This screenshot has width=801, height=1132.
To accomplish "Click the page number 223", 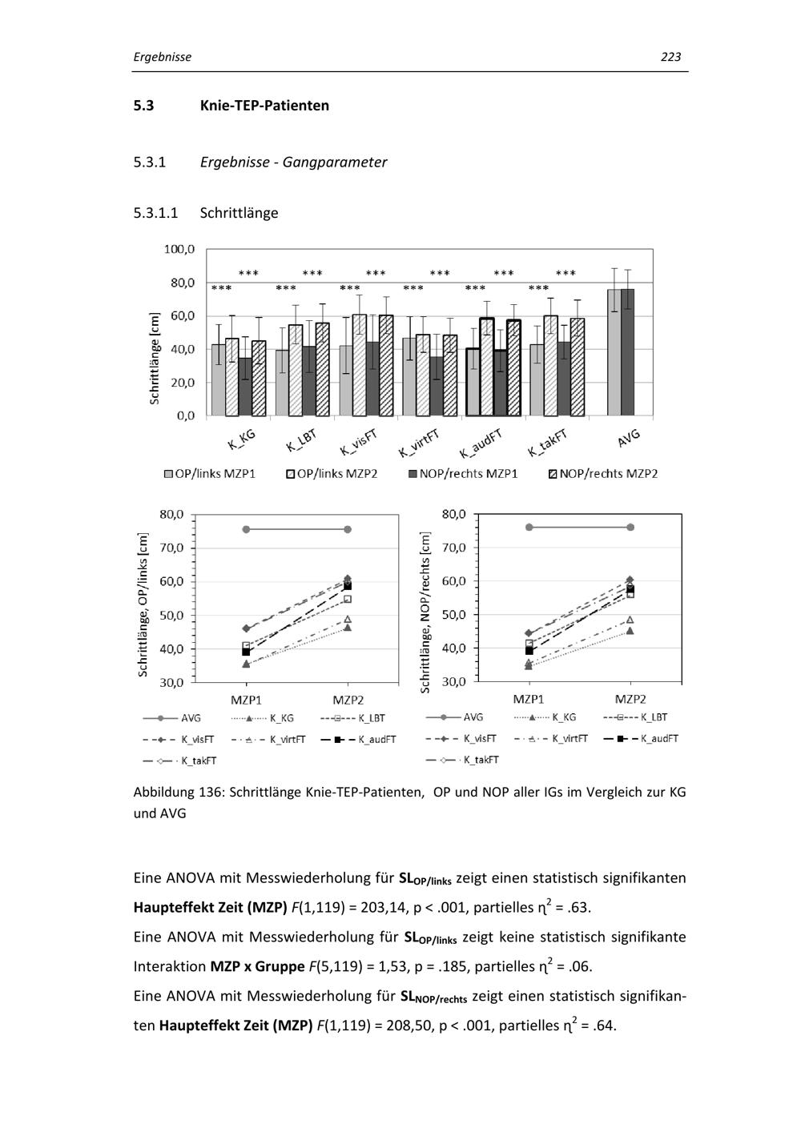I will click(x=670, y=57).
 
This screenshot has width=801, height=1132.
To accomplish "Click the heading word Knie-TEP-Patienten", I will click(x=264, y=106).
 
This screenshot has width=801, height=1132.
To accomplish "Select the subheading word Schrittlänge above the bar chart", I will click(x=239, y=213).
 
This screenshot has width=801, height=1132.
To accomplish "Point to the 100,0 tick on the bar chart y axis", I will click(x=179, y=249).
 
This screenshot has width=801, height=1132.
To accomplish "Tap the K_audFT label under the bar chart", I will click(x=481, y=442).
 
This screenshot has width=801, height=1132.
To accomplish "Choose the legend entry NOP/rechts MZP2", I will click(x=608, y=474).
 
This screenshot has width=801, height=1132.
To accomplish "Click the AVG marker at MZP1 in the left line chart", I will click(x=246, y=529).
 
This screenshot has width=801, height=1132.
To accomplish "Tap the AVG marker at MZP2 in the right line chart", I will click(x=630, y=527).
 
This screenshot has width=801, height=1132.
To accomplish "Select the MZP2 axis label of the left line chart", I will click(x=348, y=700).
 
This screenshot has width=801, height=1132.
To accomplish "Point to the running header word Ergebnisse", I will click(x=162, y=57).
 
